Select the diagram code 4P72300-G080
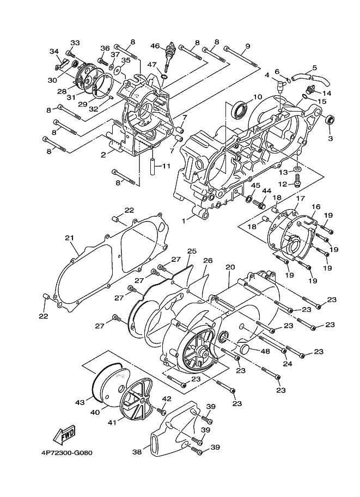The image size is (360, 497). coord(67,452)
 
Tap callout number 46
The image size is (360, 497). coord(155,46)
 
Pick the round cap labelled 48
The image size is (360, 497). coord(246,350)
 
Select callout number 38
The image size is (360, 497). coord(137,452)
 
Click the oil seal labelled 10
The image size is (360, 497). coord(240,109)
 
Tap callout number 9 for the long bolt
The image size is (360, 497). coord(248,46)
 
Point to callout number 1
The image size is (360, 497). coord(183,220)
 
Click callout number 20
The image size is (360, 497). coord(230,267)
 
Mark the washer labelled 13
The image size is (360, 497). coord(297,168)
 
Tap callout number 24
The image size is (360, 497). coord(288,364)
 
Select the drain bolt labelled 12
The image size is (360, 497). coord(297,182)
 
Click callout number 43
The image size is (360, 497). coord(80,402)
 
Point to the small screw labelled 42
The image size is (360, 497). coord(164,412)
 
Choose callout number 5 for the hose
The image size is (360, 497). coord(314,68)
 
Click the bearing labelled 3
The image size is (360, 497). coord(330,120)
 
